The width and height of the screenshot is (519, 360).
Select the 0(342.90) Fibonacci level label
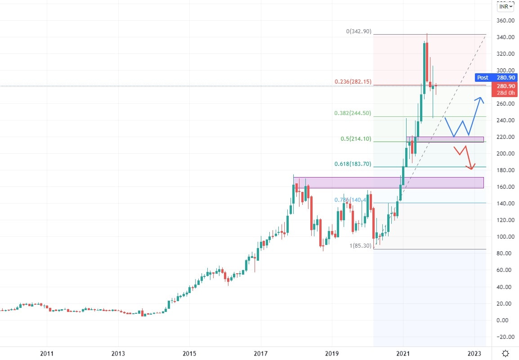358,31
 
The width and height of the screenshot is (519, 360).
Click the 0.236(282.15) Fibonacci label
353,82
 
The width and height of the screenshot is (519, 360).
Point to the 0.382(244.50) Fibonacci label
353,113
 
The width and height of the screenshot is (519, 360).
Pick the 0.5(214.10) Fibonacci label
356,139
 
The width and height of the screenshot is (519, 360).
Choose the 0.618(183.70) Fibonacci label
353,164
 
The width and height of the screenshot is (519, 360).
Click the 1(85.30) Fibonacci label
360,246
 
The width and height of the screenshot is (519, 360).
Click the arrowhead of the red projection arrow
471,169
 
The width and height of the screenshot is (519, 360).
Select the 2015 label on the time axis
189,353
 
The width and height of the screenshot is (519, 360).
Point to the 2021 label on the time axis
403,353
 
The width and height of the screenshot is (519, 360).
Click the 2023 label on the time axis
474,353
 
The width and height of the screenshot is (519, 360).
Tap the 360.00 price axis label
505,21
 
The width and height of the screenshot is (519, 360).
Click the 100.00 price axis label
505,237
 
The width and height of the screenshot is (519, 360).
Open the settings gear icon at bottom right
506,353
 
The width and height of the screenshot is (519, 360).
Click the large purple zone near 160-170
389,182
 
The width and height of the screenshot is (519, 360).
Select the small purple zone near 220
445,139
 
